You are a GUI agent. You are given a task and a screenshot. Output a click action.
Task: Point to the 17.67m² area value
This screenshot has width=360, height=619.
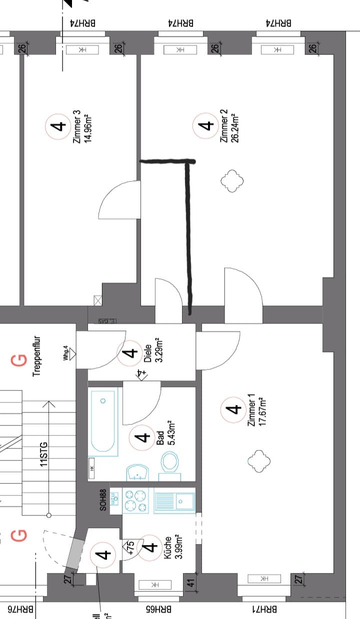click(x=261, y=410)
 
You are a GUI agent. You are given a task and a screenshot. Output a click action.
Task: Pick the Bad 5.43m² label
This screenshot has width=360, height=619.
click(x=165, y=438)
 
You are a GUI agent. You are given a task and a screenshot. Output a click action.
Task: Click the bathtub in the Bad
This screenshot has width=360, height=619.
click(x=104, y=422)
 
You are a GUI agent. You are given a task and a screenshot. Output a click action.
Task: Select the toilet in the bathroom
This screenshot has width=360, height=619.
click(x=170, y=462)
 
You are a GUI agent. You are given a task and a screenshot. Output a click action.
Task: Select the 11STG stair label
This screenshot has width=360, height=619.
click(x=44, y=454)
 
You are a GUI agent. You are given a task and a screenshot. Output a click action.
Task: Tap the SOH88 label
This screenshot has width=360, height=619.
click(x=103, y=500)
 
